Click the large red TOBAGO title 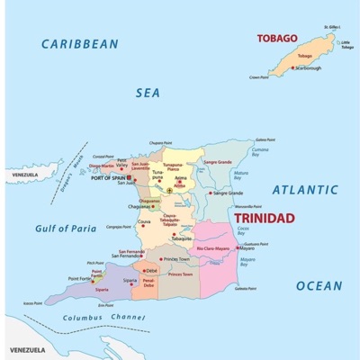(x=277, y=38)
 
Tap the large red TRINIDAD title (x=264, y=218)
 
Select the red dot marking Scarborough (x=292, y=67)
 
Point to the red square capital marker (x=130, y=177)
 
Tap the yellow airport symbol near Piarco (x=169, y=191)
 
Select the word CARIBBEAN (x=80, y=43)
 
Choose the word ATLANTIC (x=305, y=190)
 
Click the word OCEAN (x=319, y=286)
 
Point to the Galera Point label (x=266, y=139)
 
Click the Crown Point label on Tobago (x=259, y=77)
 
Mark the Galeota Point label (x=246, y=289)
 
